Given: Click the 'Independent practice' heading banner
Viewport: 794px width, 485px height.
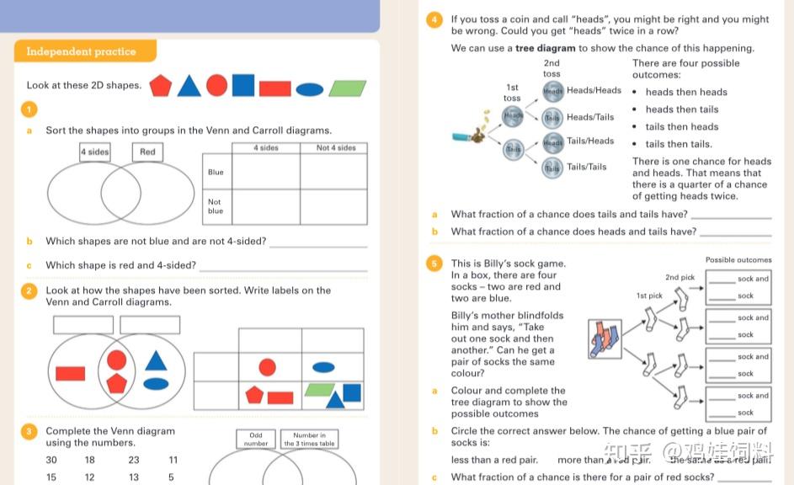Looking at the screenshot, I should [82, 51].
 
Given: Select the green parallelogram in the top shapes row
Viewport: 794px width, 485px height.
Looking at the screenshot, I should [348, 88].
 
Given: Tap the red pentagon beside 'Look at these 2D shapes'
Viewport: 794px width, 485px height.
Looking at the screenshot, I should [160, 86].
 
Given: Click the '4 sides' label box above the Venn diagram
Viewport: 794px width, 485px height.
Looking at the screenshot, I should [95, 152].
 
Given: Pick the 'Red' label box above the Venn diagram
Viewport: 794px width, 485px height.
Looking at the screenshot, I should [147, 152].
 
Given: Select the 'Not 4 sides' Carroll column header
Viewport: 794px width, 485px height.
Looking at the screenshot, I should [335, 148].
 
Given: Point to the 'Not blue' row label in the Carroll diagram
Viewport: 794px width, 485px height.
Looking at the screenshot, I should [216, 206].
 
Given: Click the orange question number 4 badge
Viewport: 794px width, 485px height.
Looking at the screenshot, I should [434, 19].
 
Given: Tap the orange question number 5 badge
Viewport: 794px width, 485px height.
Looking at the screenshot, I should [434, 264].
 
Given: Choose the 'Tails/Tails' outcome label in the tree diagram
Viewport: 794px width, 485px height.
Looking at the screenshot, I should [586, 167].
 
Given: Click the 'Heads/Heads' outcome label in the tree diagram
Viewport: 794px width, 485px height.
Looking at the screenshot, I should [594, 90].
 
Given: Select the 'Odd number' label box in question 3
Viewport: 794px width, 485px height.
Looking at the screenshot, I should [256, 440].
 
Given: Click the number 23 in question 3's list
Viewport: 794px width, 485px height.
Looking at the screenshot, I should [134, 460].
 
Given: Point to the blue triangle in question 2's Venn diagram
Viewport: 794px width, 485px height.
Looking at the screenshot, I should [156, 360].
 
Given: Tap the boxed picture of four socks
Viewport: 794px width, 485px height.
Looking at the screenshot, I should [605, 339].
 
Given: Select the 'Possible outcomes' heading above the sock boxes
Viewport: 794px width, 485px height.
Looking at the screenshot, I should [738, 260].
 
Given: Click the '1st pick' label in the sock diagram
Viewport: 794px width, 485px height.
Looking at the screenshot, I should [649, 296].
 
